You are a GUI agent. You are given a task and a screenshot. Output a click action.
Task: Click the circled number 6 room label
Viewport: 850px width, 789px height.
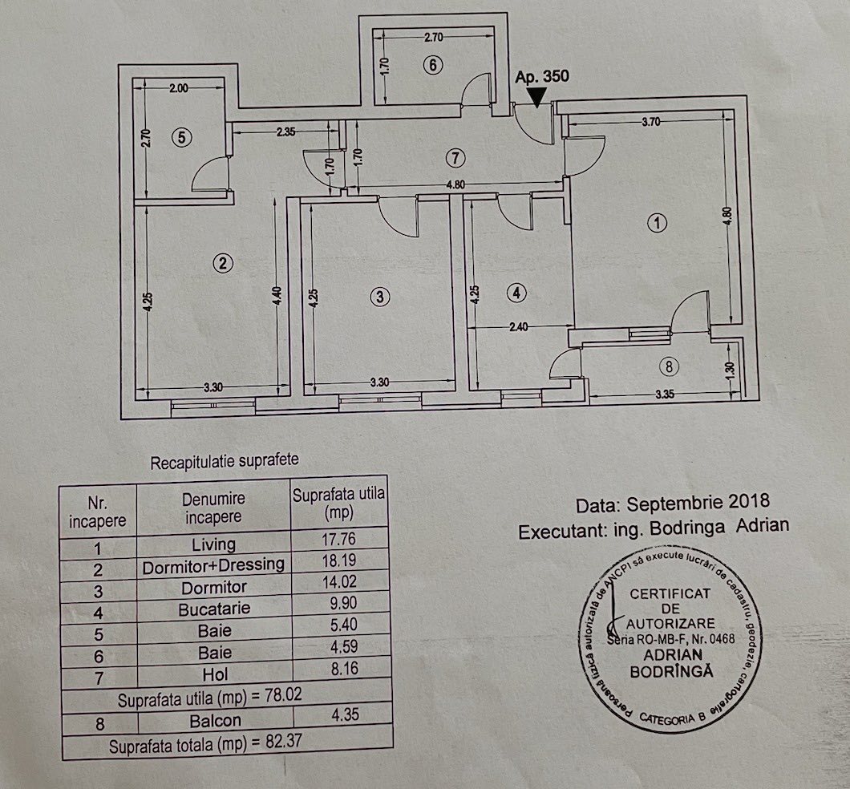[432, 65]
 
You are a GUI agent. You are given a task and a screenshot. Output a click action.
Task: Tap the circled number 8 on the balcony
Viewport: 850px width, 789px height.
[669, 366]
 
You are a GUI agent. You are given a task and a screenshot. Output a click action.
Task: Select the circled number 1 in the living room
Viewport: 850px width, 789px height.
[658, 222]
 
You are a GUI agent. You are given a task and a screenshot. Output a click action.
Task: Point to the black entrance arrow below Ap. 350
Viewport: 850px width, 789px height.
[537, 97]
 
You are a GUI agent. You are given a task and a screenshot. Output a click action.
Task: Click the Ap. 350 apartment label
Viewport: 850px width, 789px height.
[542, 76]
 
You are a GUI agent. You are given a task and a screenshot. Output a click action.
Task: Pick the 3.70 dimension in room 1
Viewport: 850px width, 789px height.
[650, 122]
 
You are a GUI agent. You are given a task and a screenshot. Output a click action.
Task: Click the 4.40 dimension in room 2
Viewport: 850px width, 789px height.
[277, 296]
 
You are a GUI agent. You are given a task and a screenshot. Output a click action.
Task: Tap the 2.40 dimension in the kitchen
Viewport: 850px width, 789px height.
[519, 327]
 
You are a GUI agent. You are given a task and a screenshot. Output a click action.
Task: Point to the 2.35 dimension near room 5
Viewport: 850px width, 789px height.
[285, 131]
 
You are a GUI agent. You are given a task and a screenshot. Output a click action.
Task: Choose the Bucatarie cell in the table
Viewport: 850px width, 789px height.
[214, 609]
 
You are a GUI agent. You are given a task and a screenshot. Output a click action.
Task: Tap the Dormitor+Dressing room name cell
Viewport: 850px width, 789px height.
[213, 565]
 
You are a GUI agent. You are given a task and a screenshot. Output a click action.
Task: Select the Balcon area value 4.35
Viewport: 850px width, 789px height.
[346, 714]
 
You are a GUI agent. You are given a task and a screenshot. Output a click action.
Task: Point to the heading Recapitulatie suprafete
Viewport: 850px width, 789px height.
[225, 462]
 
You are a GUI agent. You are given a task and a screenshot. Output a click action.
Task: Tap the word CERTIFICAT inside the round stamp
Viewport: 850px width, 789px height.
[670, 593]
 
